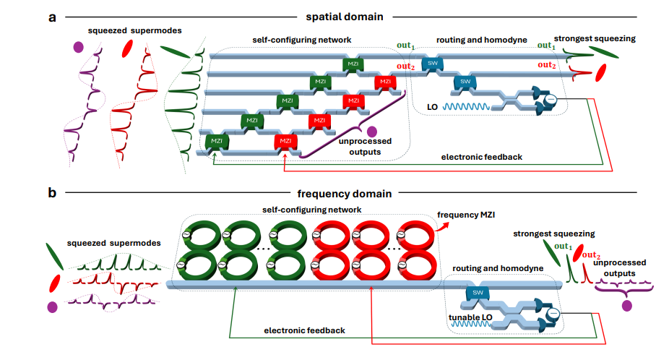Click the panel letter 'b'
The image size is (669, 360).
click(x=52, y=194)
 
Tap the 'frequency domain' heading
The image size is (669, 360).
click(x=344, y=194)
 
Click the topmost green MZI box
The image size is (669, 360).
click(x=353, y=65)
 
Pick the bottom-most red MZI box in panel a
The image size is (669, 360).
click(x=285, y=140)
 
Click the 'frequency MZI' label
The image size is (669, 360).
click(x=473, y=215)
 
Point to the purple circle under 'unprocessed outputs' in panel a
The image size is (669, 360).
click(x=372, y=132)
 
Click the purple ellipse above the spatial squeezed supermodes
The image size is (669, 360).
click(x=78, y=47)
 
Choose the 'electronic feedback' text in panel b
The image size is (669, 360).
click(x=303, y=330)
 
